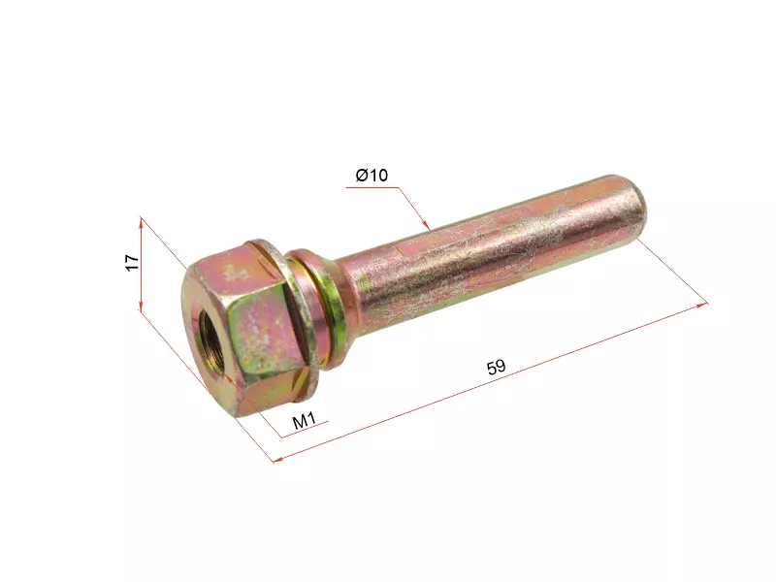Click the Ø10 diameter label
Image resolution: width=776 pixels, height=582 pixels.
click(372, 175)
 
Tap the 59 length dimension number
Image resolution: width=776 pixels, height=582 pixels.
click(496, 367)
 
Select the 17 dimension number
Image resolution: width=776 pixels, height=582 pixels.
click(132, 262)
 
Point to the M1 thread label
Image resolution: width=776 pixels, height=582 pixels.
click(305, 421)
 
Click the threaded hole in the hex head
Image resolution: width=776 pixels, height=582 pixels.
click(211, 347)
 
